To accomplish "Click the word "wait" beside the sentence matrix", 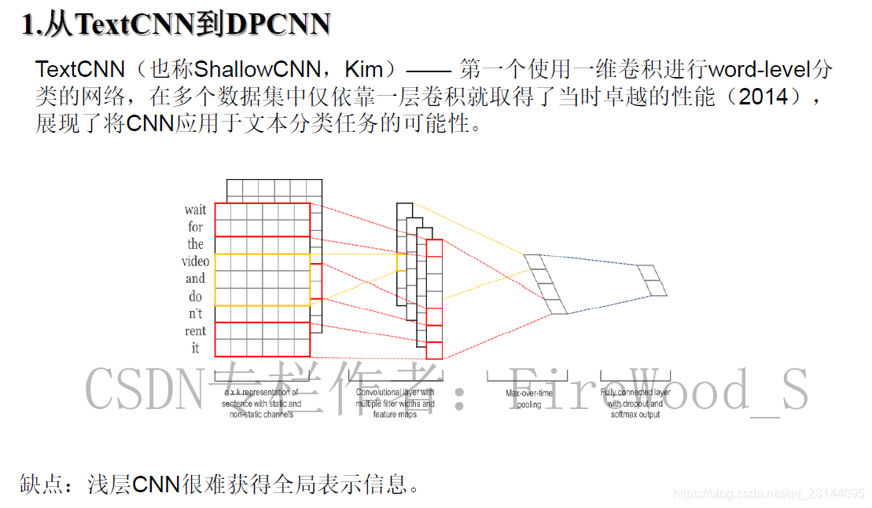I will [x=195, y=210].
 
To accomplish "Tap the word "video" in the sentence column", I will [x=195, y=261].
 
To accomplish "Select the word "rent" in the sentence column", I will [x=195, y=331].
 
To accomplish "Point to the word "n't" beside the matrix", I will [x=194, y=313].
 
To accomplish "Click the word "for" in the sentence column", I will [x=195, y=227].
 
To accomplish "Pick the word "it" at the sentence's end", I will [x=195, y=348].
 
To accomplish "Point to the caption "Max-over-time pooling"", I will [x=528, y=399].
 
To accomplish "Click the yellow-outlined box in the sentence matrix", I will [x=263, y=280].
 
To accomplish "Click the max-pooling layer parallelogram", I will [x=545, y=284].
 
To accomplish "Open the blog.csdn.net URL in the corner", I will [x=769, y=494].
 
